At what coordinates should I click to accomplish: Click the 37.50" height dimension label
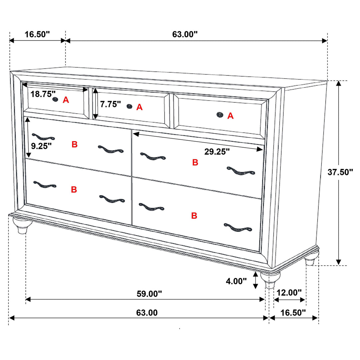coord(340,172)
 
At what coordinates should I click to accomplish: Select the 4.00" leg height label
coord(236,281)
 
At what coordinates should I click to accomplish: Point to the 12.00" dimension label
coord(289,293)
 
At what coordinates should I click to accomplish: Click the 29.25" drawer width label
coord(217,152)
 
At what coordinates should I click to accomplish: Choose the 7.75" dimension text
coord(110,104)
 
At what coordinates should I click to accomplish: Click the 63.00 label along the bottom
coord(147,312)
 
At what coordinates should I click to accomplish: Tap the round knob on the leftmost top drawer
coord(55,99)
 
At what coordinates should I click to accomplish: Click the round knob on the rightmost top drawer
coord(220,115)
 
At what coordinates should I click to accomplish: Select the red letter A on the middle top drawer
coord(139,107)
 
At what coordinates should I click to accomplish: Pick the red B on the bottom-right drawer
coord(194,216)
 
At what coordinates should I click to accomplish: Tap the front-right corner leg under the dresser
coord(270,280)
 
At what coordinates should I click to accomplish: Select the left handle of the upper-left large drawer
coord(43,137)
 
